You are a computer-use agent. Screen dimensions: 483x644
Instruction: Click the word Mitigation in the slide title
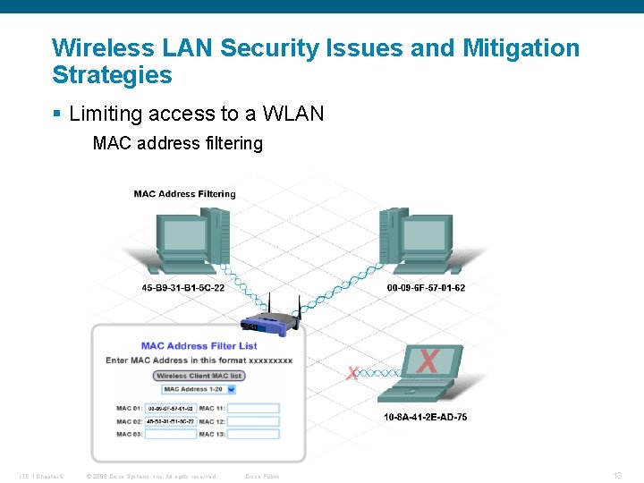click(521, 47)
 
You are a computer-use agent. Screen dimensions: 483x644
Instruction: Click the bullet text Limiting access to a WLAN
click(196, 114)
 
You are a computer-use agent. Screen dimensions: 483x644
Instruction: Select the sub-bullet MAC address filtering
click(177, 143)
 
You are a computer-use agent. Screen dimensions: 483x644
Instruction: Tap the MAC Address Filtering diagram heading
click(184, 193)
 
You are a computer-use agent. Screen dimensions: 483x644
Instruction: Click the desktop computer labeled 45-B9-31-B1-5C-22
click(190, 239)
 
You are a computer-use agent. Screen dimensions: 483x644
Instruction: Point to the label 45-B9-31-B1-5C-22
click(183, 288)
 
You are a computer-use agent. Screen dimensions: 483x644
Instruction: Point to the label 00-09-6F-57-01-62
click(426, 288)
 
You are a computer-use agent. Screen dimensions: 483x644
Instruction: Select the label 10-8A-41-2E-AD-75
click(425, 417)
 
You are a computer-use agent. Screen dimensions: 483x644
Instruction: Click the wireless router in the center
click(269, 321)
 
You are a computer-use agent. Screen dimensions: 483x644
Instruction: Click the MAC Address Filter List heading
click(199, 345)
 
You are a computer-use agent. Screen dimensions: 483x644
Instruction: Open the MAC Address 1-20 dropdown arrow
click(231, 389)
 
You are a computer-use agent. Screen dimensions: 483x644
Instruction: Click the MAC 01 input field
click(170, 408)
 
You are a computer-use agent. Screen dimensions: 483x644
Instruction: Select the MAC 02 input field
click(170, 421)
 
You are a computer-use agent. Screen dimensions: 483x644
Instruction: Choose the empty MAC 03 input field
click(170, 434)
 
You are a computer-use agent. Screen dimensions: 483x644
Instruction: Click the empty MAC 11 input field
click(253, 408)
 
